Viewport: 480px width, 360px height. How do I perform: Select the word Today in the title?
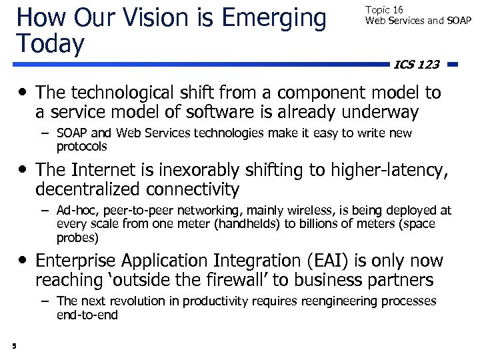point(51,44)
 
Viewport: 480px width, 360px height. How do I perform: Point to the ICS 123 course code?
point(417,64)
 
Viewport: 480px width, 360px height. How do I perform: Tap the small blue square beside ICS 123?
point(452,65)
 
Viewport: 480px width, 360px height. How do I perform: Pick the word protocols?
point(81,146)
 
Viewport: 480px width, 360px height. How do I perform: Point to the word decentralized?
point(99,189)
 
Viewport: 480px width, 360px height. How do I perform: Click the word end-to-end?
point(87,315)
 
